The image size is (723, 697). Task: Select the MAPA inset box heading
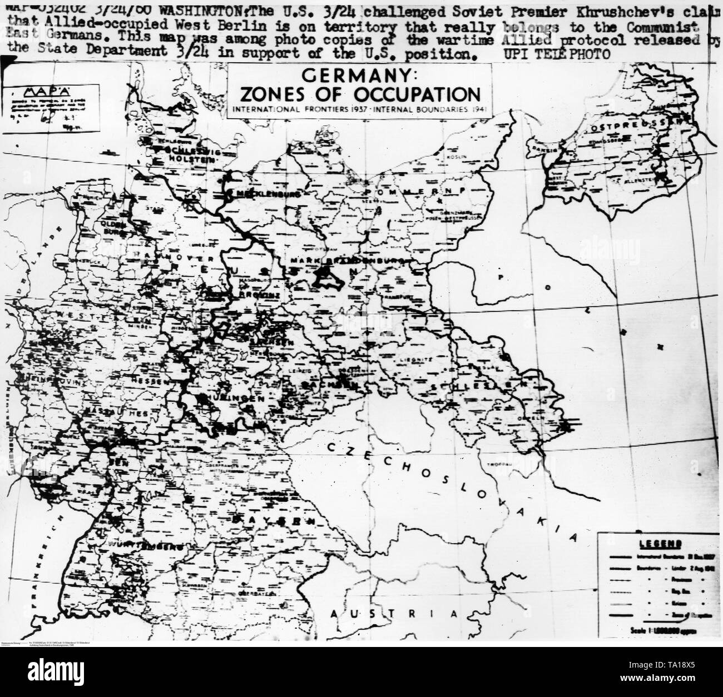[32, 92]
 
